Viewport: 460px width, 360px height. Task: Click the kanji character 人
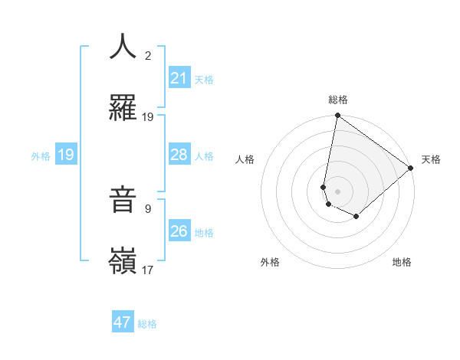coord(123,47)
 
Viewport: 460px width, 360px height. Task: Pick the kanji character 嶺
coord(123,261)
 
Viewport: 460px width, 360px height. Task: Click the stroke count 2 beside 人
coord(148,55)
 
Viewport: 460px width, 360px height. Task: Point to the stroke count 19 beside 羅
coord(148,116)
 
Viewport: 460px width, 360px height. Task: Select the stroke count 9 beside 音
coord(148,208)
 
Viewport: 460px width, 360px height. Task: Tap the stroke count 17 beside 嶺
coord(148,270)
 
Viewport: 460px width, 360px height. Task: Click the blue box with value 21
coord(179,78)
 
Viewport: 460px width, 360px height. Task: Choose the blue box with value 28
coord(179,155)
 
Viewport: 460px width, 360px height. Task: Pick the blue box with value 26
coord(179,231)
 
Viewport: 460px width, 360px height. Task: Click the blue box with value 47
coord(123,322)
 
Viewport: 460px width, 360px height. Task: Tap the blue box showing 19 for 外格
coord(66,155)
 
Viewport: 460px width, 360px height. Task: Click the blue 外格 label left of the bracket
coord(41,155)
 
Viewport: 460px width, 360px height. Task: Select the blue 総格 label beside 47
coord(147,324)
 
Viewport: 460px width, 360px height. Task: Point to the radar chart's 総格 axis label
coord(338,100)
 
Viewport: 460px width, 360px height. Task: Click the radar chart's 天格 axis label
coord(431,159)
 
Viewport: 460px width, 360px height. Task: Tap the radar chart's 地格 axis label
coord(402,263)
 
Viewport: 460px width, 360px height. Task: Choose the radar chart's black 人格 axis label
coord(245,159)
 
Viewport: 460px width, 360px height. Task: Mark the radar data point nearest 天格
coord(411,169)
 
